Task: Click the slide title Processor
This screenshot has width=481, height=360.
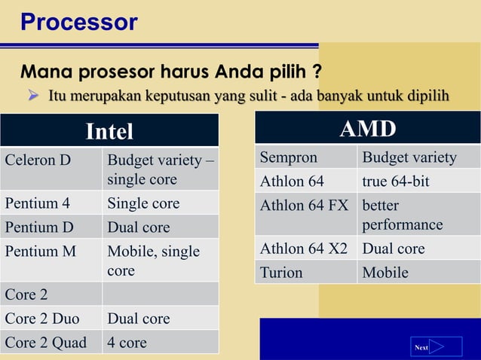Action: coord(78,22)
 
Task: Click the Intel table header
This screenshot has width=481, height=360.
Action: coord(109,131)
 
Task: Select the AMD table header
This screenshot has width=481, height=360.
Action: coord(367,129)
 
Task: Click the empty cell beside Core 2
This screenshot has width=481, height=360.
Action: coord(160,294)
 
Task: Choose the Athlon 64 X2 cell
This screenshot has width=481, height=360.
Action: coord(305,249)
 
